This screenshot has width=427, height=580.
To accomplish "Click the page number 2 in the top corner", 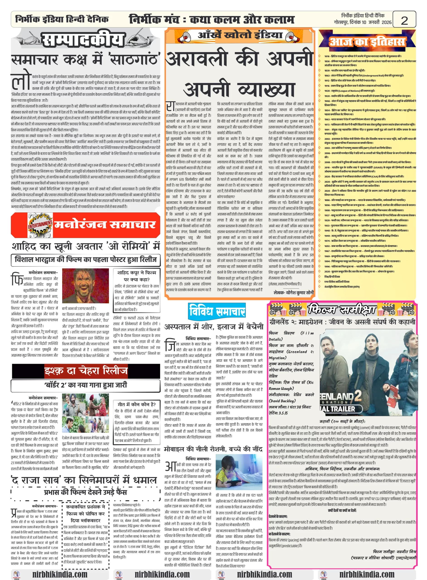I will pyautogui.click(x=404, y=20).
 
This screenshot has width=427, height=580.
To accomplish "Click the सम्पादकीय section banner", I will pyautogui.click(x=83, y=40).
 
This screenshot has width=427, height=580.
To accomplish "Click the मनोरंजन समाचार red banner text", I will pyautogui.click(x=105, y=225).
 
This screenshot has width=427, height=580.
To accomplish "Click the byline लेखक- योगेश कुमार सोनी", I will pyautogui.click(x=293, y=293).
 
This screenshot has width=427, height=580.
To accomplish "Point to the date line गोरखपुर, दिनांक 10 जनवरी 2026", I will pyautogui.click(x=362, y=22).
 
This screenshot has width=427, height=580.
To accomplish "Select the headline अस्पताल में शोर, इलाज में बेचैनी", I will pyautogui.click(x=214, y=327).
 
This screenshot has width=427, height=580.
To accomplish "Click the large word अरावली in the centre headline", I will pyautogui.click(x=197, y=59).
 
